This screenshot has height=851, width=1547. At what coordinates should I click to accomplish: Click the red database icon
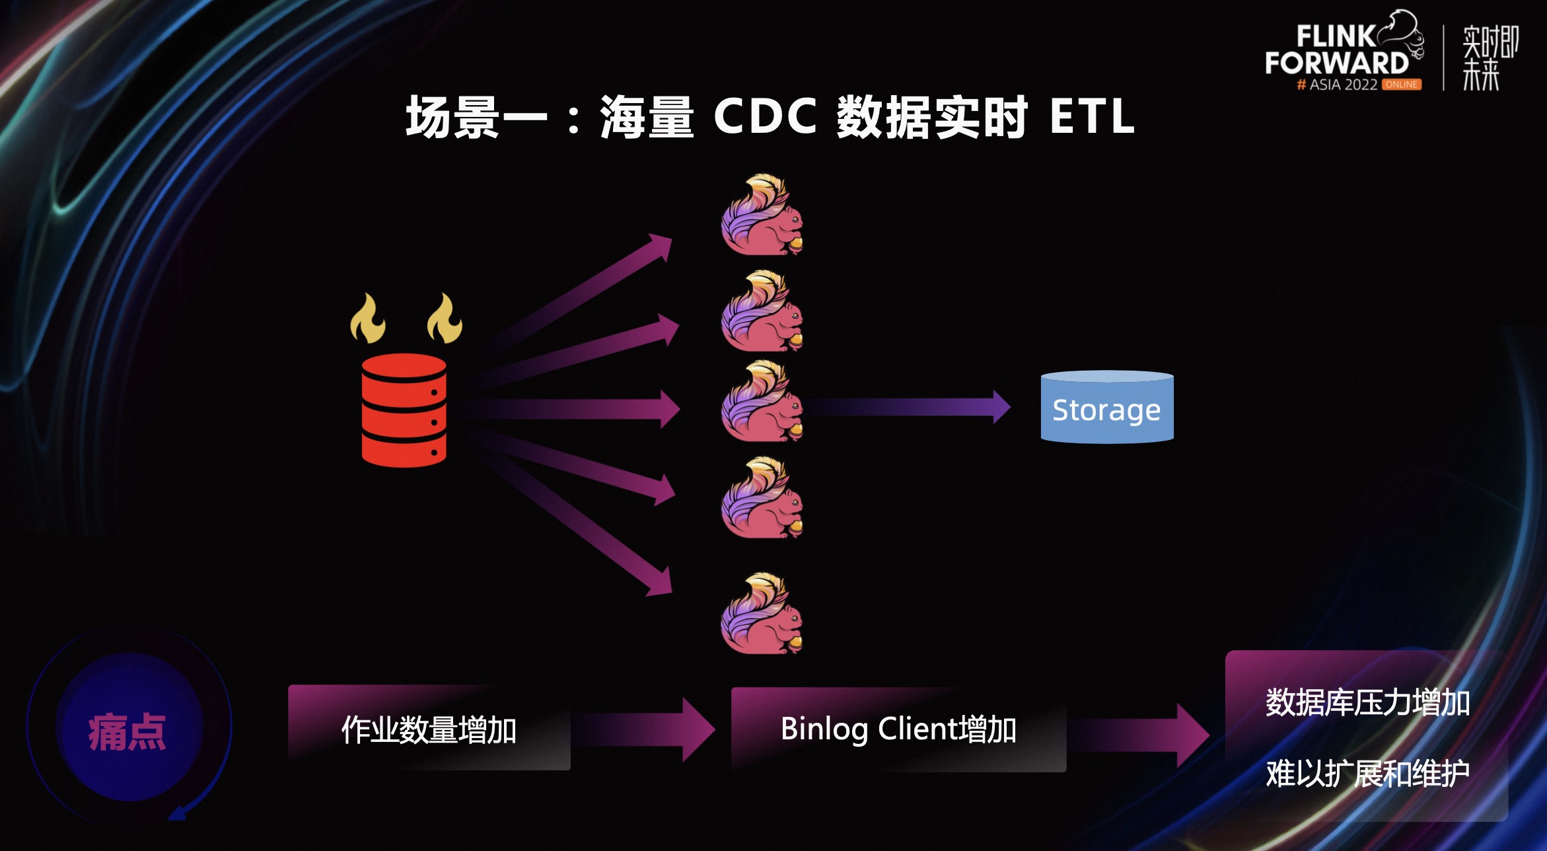(x=404, y=410)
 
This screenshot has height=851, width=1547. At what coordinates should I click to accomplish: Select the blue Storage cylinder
(x=1107, y=408)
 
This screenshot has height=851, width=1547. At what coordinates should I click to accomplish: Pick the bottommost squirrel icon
(x=762, y=614)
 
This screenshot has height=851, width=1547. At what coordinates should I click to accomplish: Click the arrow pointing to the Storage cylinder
(x=912, y=407)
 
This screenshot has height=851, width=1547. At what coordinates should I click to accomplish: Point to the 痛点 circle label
(x=127, y=731)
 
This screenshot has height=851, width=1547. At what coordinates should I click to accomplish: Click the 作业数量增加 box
(x=429, y=729)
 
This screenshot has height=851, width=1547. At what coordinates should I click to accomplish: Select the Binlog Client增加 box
(x=898, y=729)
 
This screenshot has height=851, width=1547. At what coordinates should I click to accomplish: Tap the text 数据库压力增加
(x=1367, y=702)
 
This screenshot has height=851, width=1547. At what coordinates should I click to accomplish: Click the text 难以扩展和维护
(x=1367, y=773)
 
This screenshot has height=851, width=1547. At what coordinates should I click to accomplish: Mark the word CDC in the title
(x=766, y=116)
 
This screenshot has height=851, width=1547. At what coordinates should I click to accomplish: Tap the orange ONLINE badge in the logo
(x=1402, y=85)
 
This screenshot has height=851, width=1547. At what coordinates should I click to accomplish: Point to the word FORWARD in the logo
(x=1337, y=63)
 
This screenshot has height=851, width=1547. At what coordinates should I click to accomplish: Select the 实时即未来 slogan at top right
(x=1489, y=58)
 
